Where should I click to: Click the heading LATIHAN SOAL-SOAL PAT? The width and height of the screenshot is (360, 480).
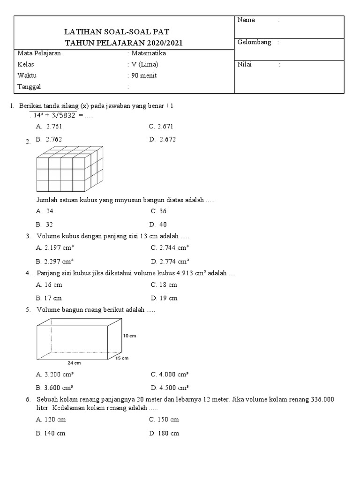click(123, 32)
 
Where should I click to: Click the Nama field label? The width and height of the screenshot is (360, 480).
click(246, 20)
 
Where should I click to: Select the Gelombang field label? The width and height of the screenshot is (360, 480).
click(255, 43)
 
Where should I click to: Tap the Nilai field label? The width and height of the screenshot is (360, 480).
click(245, 65)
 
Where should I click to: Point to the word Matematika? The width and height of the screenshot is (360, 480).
click(149, 53)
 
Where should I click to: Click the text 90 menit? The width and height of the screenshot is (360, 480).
click(144, 75)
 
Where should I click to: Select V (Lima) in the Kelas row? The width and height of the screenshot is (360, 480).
click(145, 64)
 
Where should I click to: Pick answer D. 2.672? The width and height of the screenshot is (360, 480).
click(163, 140)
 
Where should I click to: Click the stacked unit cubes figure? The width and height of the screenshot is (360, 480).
click(69, 169)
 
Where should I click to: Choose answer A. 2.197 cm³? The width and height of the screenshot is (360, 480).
click(54, 248)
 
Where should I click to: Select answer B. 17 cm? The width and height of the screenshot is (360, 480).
click(49, 298)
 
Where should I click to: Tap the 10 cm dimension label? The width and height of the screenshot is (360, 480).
click(129, 336)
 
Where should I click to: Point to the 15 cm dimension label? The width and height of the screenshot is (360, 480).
click(122, 358)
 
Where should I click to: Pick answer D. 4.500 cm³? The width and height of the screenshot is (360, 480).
click(170, 388)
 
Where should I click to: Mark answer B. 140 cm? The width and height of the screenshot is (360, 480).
click(51, 434)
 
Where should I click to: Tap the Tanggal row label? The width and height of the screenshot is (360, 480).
click(29, 87)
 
